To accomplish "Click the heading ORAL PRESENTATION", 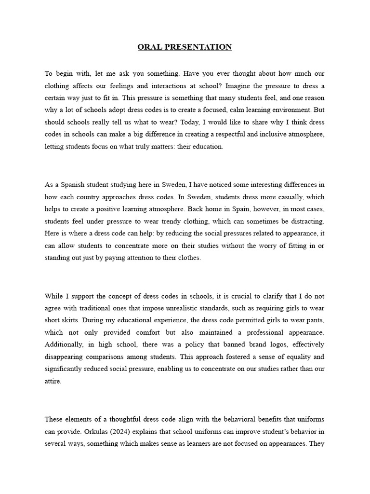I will click(185, 47).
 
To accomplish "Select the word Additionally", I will click(65, 344).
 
